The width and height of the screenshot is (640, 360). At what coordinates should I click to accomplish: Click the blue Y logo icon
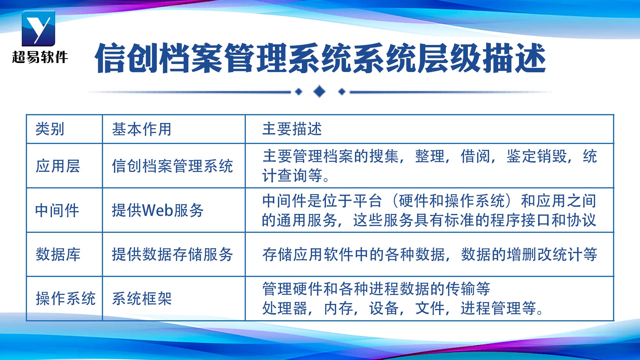(38, 28)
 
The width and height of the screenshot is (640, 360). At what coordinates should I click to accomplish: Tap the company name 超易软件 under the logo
(40, 57)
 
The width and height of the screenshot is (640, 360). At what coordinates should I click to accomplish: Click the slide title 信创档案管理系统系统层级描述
(320, 58)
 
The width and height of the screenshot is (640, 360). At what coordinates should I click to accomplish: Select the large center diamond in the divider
(320, 92)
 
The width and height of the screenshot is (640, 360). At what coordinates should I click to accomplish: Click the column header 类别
(50, 129)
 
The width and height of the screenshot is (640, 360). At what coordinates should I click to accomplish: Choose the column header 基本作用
(142, 129)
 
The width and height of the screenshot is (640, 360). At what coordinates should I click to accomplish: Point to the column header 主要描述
(292, 129)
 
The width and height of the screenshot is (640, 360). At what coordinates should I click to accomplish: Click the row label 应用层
(57, 166)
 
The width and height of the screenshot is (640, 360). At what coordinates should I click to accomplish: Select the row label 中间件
(57, 210)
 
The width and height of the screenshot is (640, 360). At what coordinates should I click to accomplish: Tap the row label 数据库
(58, 254)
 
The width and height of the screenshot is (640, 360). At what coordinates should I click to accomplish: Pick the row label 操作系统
(65, 298)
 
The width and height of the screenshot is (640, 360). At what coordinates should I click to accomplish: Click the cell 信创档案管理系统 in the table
(172, 166)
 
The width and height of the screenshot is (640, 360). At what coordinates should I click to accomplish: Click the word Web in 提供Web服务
(158, 210)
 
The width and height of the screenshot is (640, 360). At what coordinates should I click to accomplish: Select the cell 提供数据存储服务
(172, 254)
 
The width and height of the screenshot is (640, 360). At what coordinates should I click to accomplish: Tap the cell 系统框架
(142, 298)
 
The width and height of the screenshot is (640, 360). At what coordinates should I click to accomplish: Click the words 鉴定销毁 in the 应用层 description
(537, 156)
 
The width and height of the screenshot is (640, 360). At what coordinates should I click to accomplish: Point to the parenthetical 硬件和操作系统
(451, 201)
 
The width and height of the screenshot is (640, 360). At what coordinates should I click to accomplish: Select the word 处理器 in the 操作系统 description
(285, 308)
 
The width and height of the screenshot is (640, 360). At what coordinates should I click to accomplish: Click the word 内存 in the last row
(338, 308)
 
